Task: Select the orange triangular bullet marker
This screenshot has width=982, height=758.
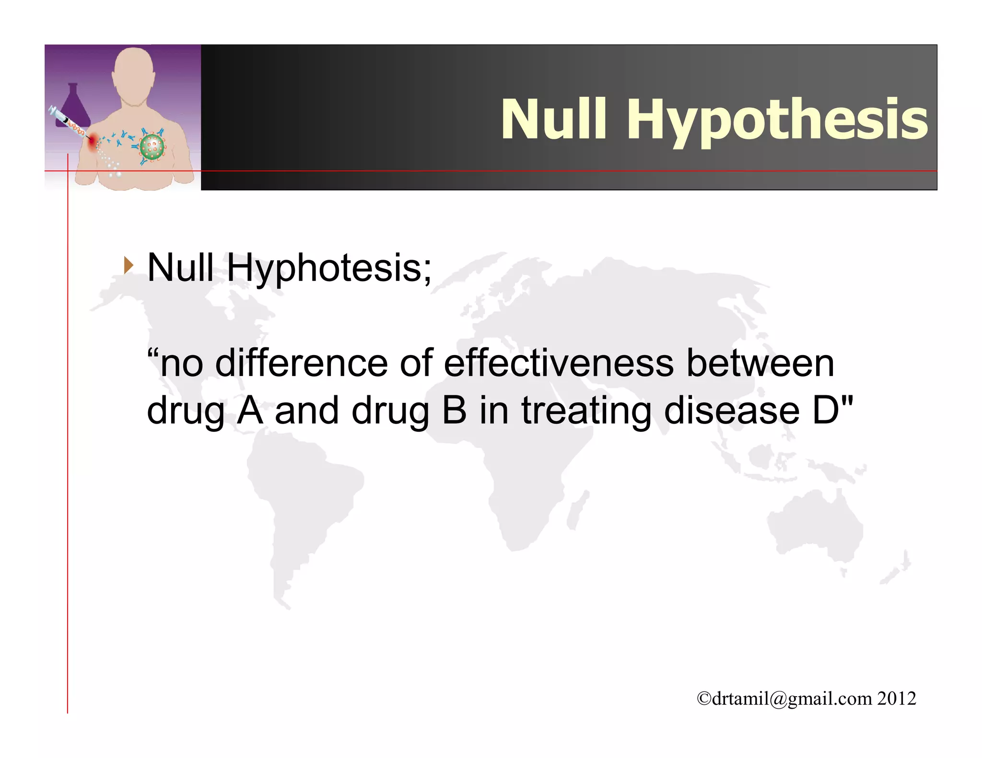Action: tap(128, 265)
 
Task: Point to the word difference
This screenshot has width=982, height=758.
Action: tap(301, 363)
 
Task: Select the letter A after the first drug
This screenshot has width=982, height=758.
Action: tap(250, 411)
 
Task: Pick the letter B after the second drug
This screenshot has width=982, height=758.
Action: tap(454, 411)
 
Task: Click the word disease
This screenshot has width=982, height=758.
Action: tap(732, 411)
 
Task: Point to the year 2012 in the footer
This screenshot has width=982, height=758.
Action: tap(897, 699)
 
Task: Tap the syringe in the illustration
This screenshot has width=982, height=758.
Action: tap(67, 122)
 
